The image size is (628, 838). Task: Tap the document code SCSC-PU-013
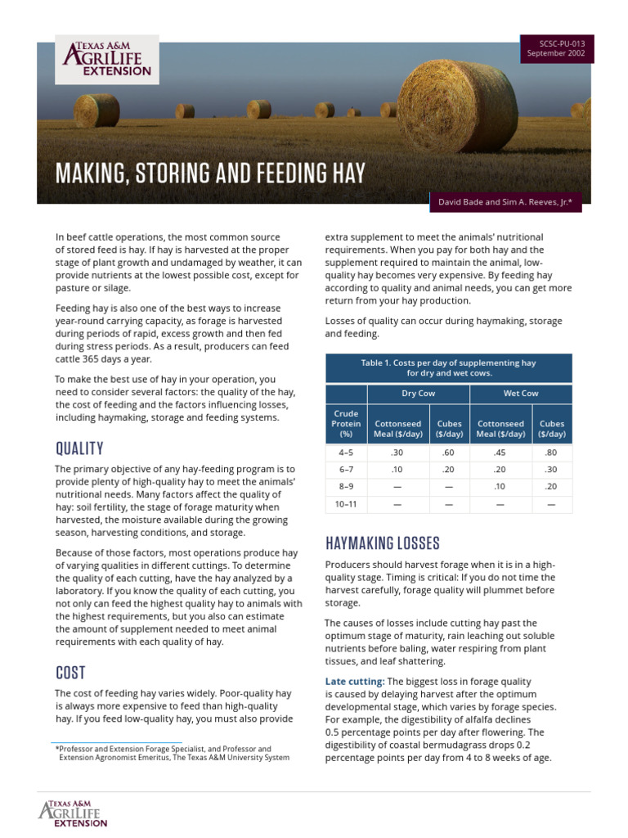pyautogui.click(x=556, y=43)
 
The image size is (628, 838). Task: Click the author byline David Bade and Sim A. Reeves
pyautogui.click(x=505, y=200)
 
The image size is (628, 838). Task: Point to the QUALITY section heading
pyautogui.click(x=79, y=448)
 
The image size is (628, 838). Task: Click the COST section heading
pyautogui.click(x=70, y=673)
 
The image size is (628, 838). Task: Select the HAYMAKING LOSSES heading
pyautogui.click(x=382, y=543)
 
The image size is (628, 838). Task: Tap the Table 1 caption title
pyautogui.click(x=448, y=367)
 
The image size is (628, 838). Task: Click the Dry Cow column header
pyautogui.click(x=418, y=394)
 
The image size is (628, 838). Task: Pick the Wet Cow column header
pyautogui.click(x=520, y=394)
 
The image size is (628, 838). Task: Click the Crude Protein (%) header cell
pyautogui.click(x=346, y=424)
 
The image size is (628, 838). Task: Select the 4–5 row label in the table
pyautogui.click(x=346, y=453)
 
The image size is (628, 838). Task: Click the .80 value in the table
pyautogui.click(x=551, y=453)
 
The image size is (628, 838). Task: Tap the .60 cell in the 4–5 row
pyautogui.click(x=449, y=453)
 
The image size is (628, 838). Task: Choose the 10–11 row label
pyautogui.click(x=346, y=504)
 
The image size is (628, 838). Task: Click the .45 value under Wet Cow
pyautogui.click(x=500, y=453)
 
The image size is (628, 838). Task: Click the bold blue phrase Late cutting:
pyautogui.click(x=354, y=681)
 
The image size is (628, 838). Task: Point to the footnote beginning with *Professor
pyautogui.click(x=172, y=753)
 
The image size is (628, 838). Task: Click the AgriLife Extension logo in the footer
pyautogui.click(x=73, y=813)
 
